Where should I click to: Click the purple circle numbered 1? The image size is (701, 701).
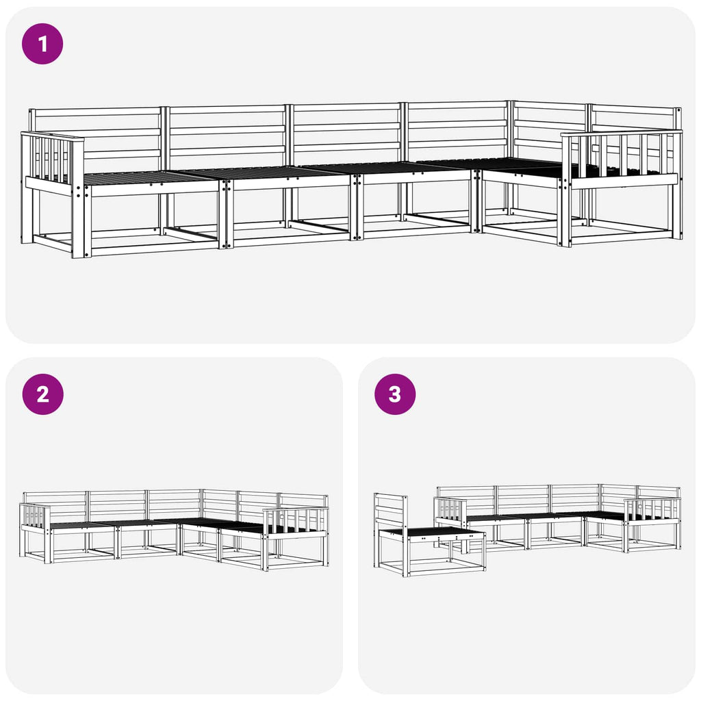[x=42, y=44]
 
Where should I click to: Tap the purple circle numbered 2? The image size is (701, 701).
[x=43, y=394]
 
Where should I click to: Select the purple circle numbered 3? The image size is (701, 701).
[x=395, y=394]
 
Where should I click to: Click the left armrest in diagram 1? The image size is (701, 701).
[x=52, y=163]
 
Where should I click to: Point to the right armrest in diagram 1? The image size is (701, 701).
[x=622, y=159]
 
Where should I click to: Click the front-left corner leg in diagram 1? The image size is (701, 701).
[x=81, y=220]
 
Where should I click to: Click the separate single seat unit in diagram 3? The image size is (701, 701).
[x=429, y=535]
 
